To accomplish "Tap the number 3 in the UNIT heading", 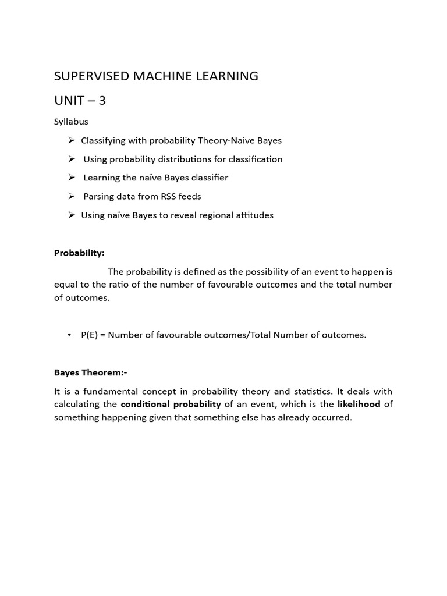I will pos(102,101).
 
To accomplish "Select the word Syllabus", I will pos(71,122).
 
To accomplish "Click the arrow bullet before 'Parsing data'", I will pos(72,196).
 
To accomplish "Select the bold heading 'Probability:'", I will pos(79,253).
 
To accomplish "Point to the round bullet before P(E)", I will pos(69,335).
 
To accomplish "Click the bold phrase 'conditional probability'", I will pos(171,404).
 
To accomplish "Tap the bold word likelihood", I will pos(359,404).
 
